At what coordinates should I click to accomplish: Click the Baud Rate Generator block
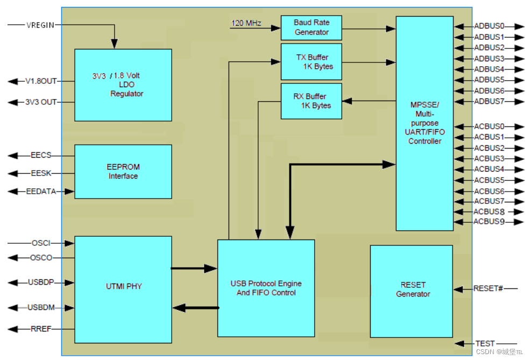[311, 27]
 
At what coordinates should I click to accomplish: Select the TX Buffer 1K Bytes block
[311, 62]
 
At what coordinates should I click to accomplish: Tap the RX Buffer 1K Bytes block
[311, 101]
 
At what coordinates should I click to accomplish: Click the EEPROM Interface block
[123, 172]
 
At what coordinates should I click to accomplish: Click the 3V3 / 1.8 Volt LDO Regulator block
[123, 84]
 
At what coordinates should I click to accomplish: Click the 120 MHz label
[246, 23]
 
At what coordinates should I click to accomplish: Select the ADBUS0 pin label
[489, 26]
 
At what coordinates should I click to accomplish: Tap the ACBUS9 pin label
[489, 222]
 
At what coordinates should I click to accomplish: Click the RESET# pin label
[488, 288]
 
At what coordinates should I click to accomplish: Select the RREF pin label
[41, 329]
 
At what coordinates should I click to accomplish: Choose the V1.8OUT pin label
[41, 81]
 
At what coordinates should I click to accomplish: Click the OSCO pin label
[41, 258]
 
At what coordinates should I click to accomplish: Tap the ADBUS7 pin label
[489, 101]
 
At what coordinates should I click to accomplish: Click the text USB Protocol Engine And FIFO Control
[266, 288]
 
